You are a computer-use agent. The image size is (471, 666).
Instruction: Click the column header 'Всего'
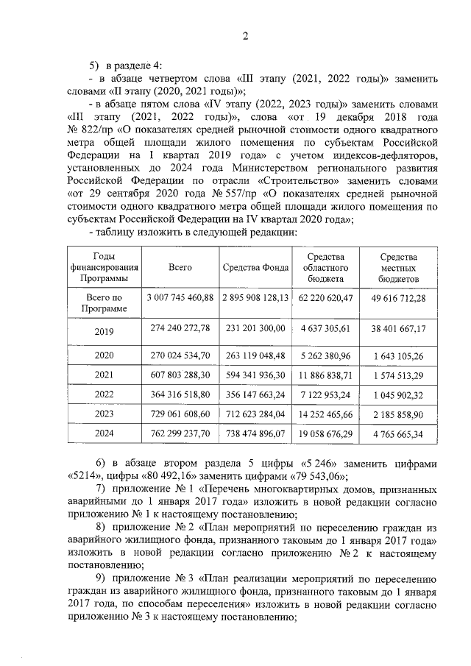[x=180, y=268]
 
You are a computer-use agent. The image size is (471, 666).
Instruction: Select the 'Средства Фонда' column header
[x=255, y=268]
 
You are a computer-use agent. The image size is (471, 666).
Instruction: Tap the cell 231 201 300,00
[x=255, y=327]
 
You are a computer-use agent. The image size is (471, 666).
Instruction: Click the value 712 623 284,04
[x=255, y=414]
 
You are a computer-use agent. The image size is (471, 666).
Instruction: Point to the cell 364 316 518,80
[x=180, y=395]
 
